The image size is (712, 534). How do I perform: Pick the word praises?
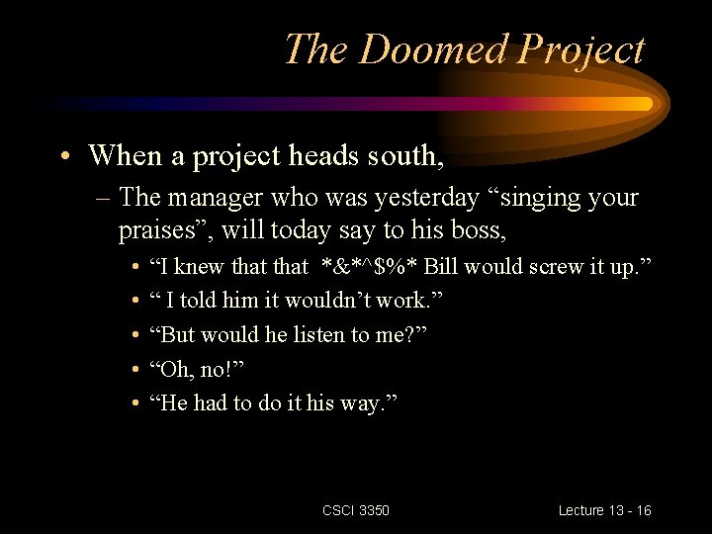tap(162, 231)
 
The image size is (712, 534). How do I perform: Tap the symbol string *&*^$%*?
tap(369, 266)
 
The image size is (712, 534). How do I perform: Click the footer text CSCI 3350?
tap(356, 510)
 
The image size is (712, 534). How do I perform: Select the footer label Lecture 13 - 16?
tap(604, 510)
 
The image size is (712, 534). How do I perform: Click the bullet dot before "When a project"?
tap(63, 156)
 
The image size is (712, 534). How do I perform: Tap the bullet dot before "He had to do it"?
tap(133, 403)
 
